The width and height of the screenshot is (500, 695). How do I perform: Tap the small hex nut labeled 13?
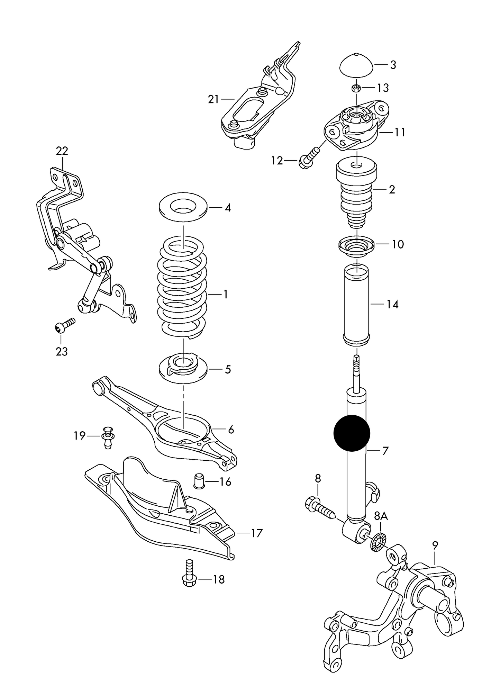click(x=356, y=88)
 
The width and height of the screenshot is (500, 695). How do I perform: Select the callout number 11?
click(x=400, y=133)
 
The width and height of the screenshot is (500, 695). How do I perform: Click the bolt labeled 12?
click(x=309, y=158)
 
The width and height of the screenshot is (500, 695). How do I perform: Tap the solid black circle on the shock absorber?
click(x=352, y=433)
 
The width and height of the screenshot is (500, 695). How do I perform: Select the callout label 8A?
click(x=381, y=526)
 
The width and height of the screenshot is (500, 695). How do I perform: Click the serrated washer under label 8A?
click(x=378, y=548)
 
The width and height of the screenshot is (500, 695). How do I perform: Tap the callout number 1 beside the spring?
click(x=226, y=295)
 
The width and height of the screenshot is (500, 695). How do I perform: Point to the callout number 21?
click(x=213, y=100)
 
